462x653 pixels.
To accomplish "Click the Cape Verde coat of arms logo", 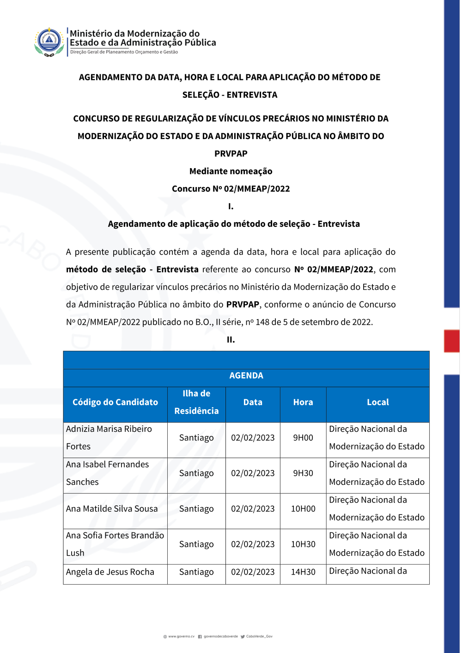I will (x=49, y=42).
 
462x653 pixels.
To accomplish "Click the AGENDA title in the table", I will (x=246, y=375).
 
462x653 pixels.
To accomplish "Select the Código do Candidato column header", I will (x=115, y=402).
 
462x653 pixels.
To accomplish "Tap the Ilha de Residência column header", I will (x=196, y=402).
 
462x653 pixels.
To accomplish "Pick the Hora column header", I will (x=303, y=402).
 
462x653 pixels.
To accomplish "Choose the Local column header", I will (x=377, y=402).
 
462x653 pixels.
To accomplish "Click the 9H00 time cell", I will (x=303, y=438).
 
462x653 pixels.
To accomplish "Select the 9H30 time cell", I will (x=303, y=473).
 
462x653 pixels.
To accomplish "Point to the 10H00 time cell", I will (x=303, y=509).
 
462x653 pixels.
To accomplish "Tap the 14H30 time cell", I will (x=303, y=572).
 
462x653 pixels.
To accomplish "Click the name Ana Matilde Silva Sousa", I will (x=112, y=509).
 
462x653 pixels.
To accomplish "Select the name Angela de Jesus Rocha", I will (x=110, y=572).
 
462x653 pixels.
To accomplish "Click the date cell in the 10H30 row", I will (x=253, y=544).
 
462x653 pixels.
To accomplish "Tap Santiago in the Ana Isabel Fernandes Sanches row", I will (x=196, y=473).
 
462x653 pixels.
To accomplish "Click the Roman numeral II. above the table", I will (x=231, y=340).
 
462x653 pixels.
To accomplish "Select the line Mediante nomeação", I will (x=231, y=171).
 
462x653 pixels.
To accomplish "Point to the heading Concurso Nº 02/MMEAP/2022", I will (x=231, y=189).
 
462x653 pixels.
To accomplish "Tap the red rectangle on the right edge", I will (x=451, y=341).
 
